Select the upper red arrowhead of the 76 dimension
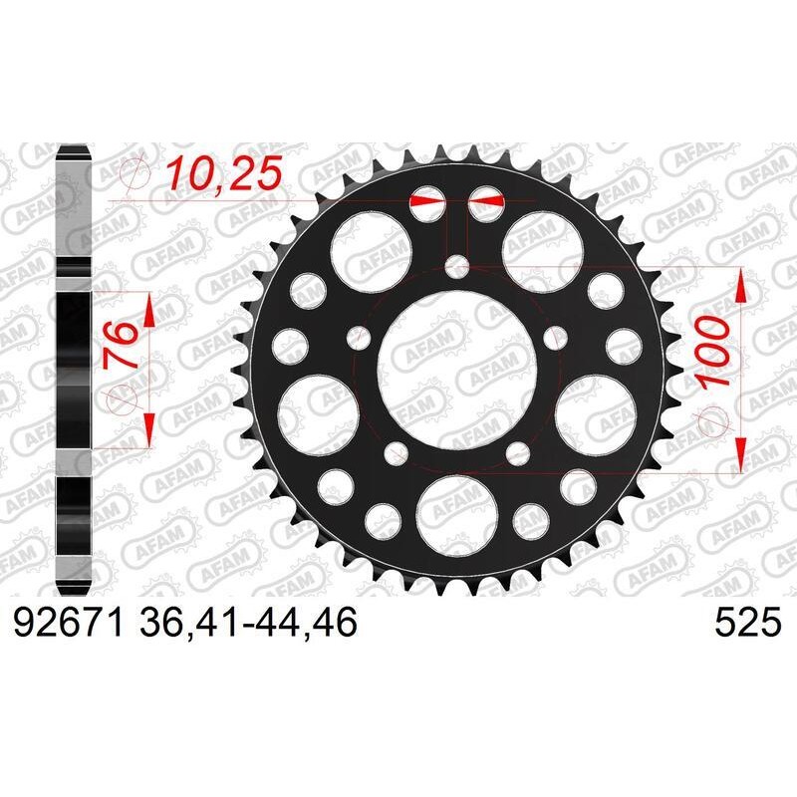(148, 311)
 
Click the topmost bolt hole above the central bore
(457, 266)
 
